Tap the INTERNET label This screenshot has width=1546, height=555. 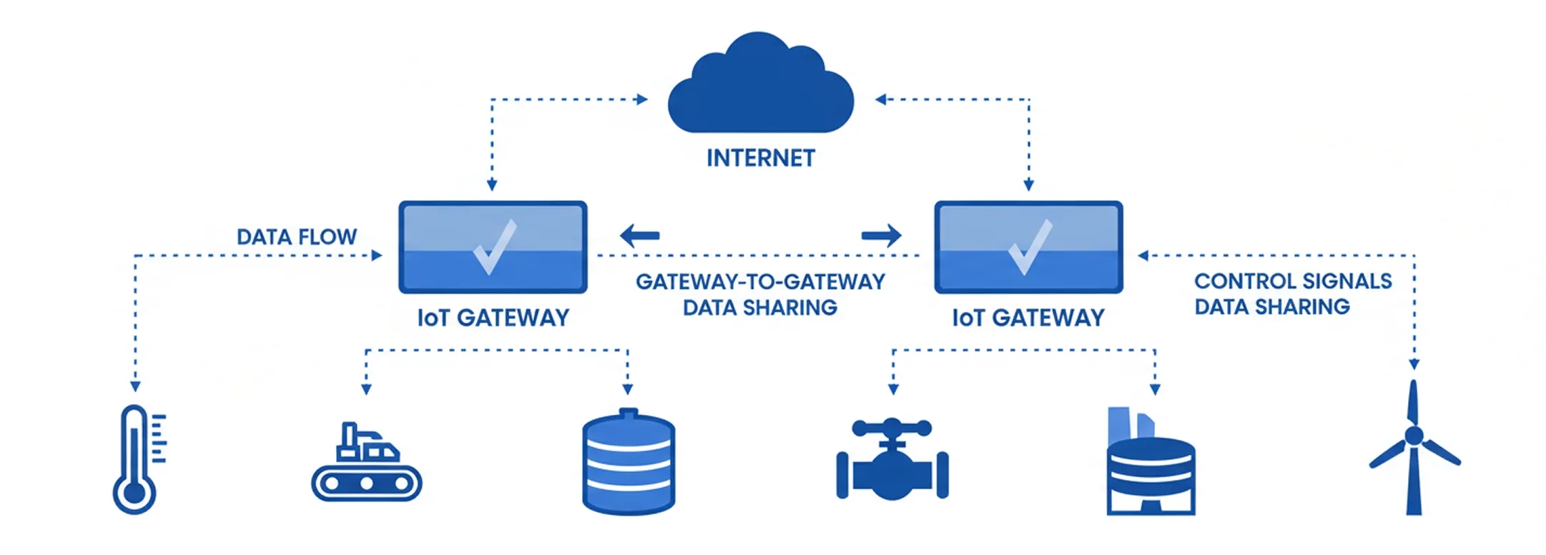pos(760,158)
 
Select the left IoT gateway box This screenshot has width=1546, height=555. pos(493,247)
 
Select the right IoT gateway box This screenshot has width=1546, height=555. pos(1028,247)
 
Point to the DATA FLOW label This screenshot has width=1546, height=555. pos(296,237)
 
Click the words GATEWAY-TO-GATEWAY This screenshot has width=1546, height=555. pos(760,282)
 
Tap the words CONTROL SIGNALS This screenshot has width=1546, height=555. pos(1293,281)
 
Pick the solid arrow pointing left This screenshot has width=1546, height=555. pos(639,235)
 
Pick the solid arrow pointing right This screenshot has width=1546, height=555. pos(882,235)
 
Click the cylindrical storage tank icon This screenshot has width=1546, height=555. pos(628,463)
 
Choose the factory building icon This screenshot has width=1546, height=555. pos(1150,465)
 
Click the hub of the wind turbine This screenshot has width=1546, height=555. pos(1414,436)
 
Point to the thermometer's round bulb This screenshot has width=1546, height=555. pos(134,493)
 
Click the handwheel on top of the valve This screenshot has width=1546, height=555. pos(892,428)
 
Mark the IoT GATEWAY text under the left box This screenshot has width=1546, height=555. pos(493,318)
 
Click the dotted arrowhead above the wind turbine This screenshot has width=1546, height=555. pos(1414,364)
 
